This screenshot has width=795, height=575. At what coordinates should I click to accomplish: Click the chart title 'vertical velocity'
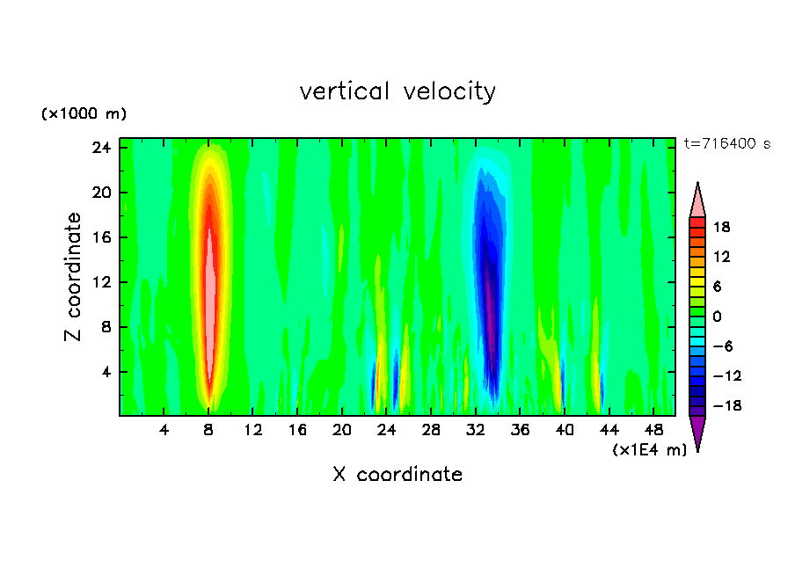pos(397,91)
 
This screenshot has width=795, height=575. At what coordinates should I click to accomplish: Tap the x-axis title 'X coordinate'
pos(397,475)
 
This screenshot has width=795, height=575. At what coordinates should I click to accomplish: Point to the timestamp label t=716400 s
pos(726,143)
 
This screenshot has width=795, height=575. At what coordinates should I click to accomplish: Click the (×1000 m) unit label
pos(84,114)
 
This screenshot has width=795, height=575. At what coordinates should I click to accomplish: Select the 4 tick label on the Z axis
pos(108,372)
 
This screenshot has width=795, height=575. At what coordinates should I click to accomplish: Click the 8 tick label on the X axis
pos(208,430)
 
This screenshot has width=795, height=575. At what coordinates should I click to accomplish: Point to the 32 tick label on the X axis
pos(476,430)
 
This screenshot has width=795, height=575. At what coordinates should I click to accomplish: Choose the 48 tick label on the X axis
pos(654,430)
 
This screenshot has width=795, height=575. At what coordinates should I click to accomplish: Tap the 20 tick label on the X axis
pos(342,430)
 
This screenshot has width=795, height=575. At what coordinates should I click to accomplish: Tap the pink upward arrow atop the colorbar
pos(697,201)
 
